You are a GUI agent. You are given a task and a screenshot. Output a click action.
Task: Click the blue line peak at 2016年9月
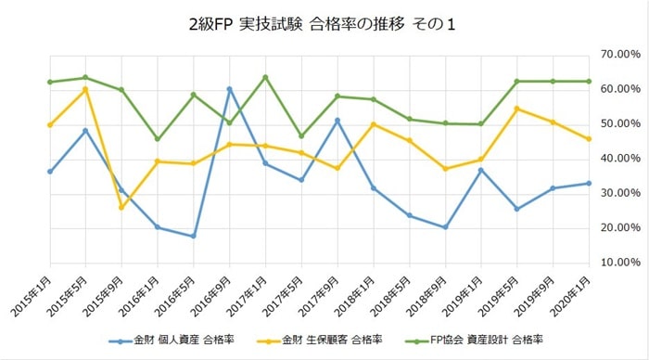coord(229,89)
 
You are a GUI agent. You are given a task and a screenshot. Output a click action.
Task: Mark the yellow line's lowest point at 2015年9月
coord(121,207)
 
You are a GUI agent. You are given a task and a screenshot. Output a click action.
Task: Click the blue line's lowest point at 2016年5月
coord(193,236)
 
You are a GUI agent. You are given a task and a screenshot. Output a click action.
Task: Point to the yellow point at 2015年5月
coord(85,89)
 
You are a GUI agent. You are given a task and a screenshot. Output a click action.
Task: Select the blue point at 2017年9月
coord(337,120)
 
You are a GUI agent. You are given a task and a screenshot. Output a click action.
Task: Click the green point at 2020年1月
coord(590,82)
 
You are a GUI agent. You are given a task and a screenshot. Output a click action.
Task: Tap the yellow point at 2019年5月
coord(517,109)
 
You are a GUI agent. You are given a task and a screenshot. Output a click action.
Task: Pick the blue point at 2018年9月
coord(445,227)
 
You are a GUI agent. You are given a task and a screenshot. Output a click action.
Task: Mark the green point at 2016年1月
coord(157,139)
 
